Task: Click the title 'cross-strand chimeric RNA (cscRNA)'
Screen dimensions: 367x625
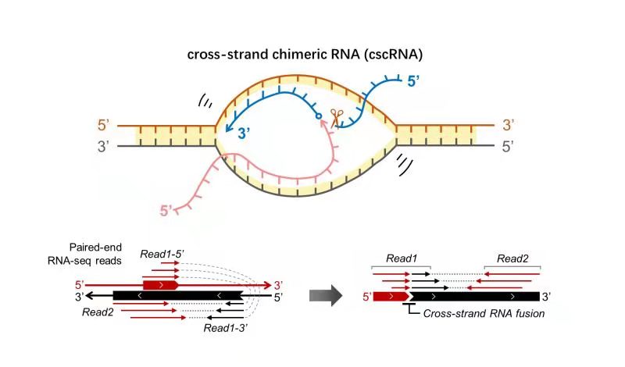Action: (311, 55)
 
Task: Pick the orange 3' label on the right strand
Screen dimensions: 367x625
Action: (509, 125)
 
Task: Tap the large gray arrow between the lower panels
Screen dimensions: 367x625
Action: (329, 296)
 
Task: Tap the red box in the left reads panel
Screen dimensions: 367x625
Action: (160, 285)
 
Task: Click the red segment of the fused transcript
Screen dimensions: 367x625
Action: (391, 296)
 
